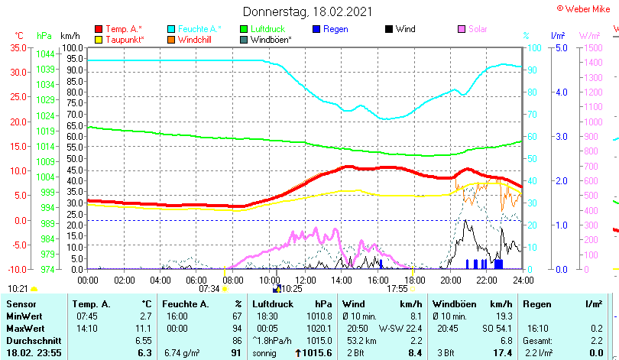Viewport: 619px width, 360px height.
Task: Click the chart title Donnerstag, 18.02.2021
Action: (x=308, y=11)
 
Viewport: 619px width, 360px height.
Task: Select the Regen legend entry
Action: (x=335, y=29)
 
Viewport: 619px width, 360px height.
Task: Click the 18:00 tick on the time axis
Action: (x=413, y=280)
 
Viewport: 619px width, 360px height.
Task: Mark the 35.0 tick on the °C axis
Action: (x=18, y=47)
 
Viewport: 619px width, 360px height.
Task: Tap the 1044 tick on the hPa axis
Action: (x=45, y=54)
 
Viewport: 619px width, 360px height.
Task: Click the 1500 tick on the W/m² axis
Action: (x=593, y=47)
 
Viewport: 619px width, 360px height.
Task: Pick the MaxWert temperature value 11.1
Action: (x=145, y=329)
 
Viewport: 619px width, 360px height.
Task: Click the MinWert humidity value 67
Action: (x=237, y=316)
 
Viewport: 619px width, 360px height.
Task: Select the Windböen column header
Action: (x=456, y=304)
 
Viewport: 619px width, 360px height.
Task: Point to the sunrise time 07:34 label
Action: (x=209, y=289)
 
